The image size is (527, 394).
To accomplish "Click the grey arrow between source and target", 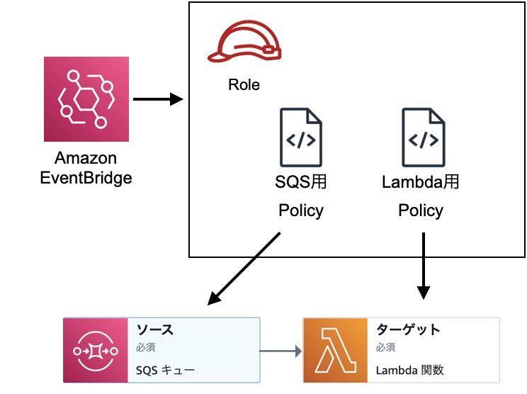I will click(x=281, y=350).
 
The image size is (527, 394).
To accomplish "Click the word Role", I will click(x=244, y=85).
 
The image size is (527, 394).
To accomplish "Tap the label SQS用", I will click(x=301, y=182).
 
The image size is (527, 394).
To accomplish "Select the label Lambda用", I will click(x=421, y=182).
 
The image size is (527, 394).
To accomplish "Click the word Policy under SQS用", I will click(x=301, y=210).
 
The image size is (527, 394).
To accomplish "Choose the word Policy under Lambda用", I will click(x=421, y=210).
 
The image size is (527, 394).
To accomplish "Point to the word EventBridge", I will click(x=86, y=177).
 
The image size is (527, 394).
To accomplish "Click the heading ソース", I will click(x=155, y=330).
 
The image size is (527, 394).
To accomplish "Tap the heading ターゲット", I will click(x=408, y=330).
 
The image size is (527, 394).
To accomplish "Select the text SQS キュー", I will click(x=165, y=371).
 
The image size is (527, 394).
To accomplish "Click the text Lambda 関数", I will click(x=410, y=371).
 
